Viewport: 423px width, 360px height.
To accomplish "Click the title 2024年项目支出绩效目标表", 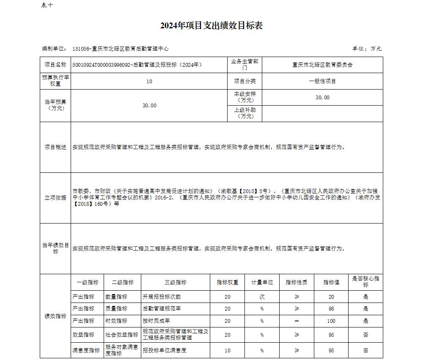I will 211,26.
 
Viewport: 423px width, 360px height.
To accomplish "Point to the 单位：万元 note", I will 367,49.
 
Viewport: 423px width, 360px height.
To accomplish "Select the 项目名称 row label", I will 55,65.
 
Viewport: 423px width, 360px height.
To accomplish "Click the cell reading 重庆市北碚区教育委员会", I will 322,65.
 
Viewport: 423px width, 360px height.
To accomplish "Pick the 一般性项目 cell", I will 322,81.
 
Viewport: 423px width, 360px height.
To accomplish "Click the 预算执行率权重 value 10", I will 149,81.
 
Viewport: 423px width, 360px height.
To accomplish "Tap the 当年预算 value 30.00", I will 149,106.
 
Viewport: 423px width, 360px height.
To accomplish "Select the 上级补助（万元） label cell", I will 245,113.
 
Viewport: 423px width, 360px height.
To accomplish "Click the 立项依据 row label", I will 55,198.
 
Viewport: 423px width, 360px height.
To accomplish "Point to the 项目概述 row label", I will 55,147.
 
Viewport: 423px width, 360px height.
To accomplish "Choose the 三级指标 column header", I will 176,282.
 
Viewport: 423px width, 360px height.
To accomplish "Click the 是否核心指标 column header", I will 366,282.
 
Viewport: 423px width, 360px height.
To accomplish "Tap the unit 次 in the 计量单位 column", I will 262,297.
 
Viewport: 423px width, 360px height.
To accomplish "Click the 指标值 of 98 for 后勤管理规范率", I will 331,309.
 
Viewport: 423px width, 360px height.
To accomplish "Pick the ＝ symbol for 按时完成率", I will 297,321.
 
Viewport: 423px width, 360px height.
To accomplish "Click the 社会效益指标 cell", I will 122,335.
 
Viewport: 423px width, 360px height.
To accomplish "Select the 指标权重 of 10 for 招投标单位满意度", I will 228,350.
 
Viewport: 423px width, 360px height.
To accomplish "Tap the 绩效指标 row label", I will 55,316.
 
